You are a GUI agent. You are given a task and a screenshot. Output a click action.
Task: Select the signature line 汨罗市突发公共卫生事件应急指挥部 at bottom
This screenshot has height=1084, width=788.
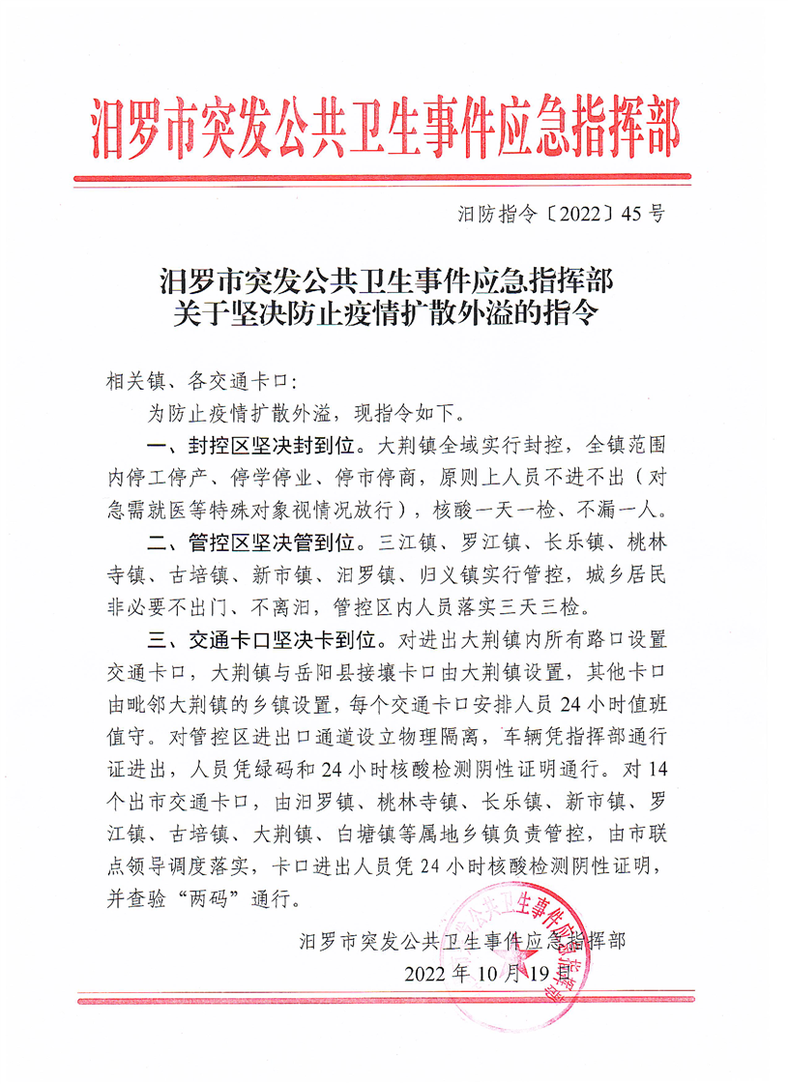click(463, 939)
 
